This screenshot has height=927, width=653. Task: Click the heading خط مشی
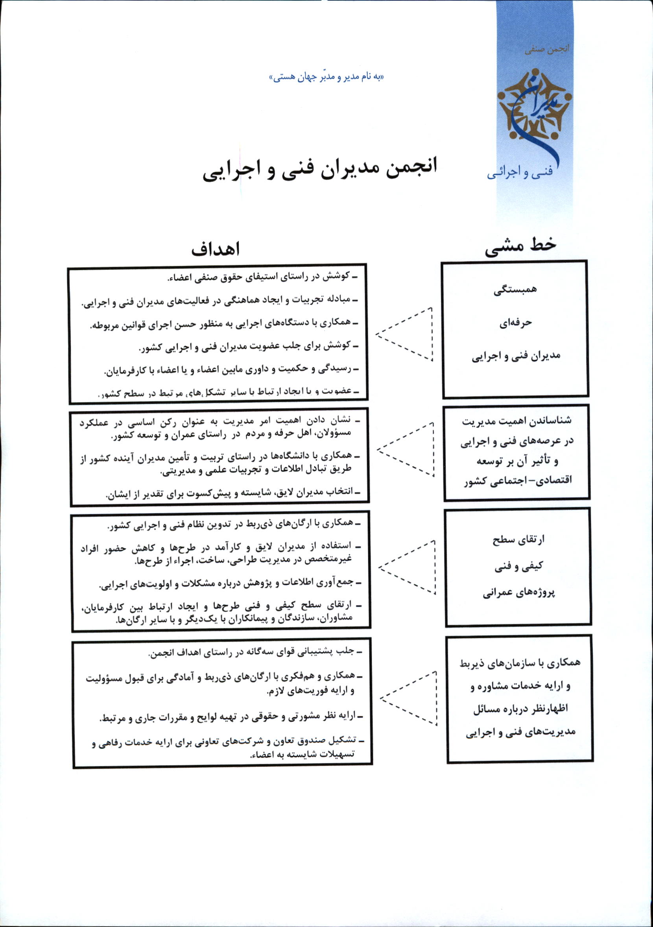(x=520, y=246)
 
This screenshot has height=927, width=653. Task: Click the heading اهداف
(x=215, y=249)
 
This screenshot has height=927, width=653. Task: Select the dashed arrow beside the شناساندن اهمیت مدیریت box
(x=406, y=449)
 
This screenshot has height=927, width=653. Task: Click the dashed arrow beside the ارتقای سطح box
(x=407, y=567)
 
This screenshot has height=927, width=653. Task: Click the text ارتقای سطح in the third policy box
(x=518, y=540)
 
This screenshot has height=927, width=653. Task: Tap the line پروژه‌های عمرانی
(x=518, y=593)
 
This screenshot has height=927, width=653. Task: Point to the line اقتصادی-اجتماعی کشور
(x=518, y=482)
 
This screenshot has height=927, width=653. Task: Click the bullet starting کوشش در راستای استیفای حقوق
(x=262, y=277)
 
